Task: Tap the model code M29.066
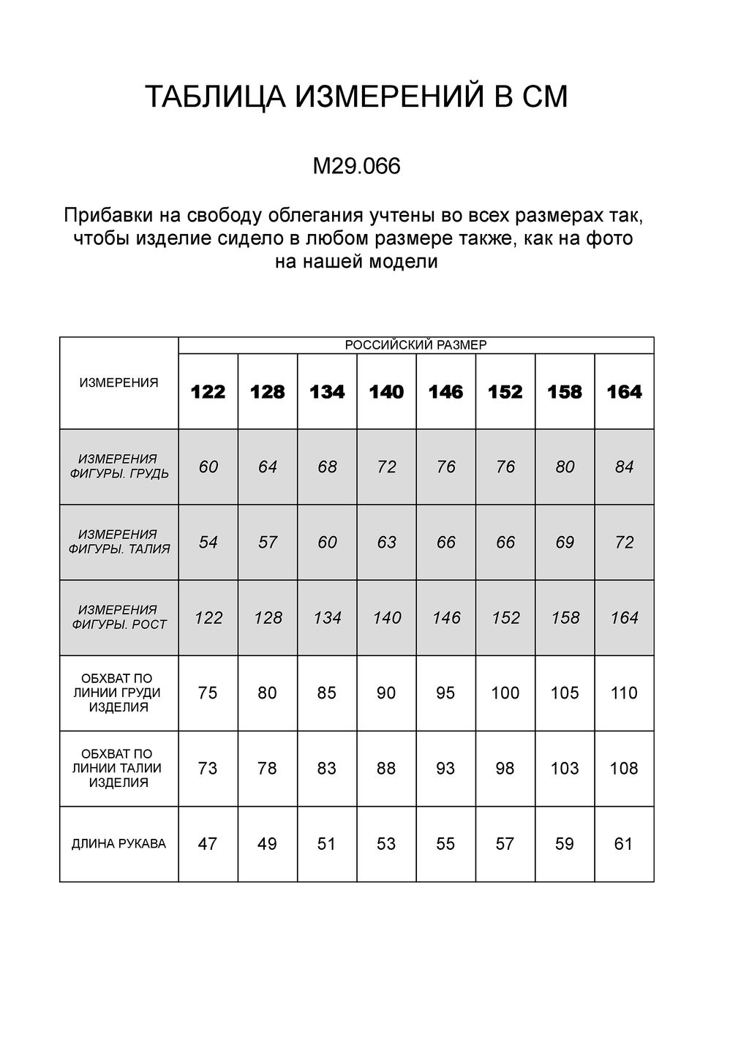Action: [356, 167]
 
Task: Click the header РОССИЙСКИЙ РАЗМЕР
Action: [415, 345]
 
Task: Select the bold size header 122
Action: [208, 393]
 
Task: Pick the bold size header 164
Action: [624, 393]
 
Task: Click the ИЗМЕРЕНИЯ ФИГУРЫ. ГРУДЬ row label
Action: [118, 467]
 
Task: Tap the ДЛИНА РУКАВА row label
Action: [118, 844]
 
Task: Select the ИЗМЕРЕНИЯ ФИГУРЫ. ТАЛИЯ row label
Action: [118, 542]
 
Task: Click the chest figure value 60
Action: [208, 467]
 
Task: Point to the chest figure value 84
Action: [624, 467]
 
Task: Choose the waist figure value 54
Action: [208, 543]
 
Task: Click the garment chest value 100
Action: [505, 693]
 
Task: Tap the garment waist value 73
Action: [208, 769]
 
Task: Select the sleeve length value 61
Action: [624, 844]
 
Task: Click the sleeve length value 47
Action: [208, 844]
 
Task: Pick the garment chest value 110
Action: [624, 693]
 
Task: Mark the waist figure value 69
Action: [565, 543]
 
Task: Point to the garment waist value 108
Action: [624, 769]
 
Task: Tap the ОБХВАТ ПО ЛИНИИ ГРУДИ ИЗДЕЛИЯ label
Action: [118, 693]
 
